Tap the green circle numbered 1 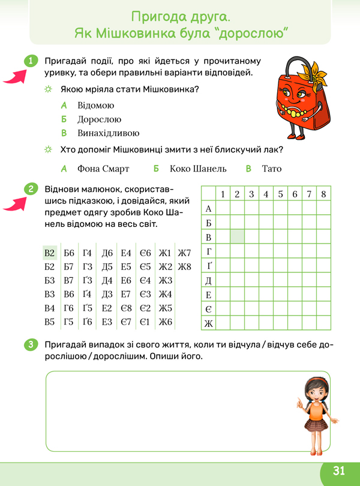coord(30,61)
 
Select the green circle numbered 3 coord(30,344)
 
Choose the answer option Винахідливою coord(108,133)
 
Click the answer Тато coord(271,169)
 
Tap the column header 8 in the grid coord(324,194)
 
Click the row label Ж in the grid coord(208,324)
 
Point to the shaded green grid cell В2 coord(237,237)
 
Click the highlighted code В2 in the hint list coord(50,253)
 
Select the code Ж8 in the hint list coord(184,267)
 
